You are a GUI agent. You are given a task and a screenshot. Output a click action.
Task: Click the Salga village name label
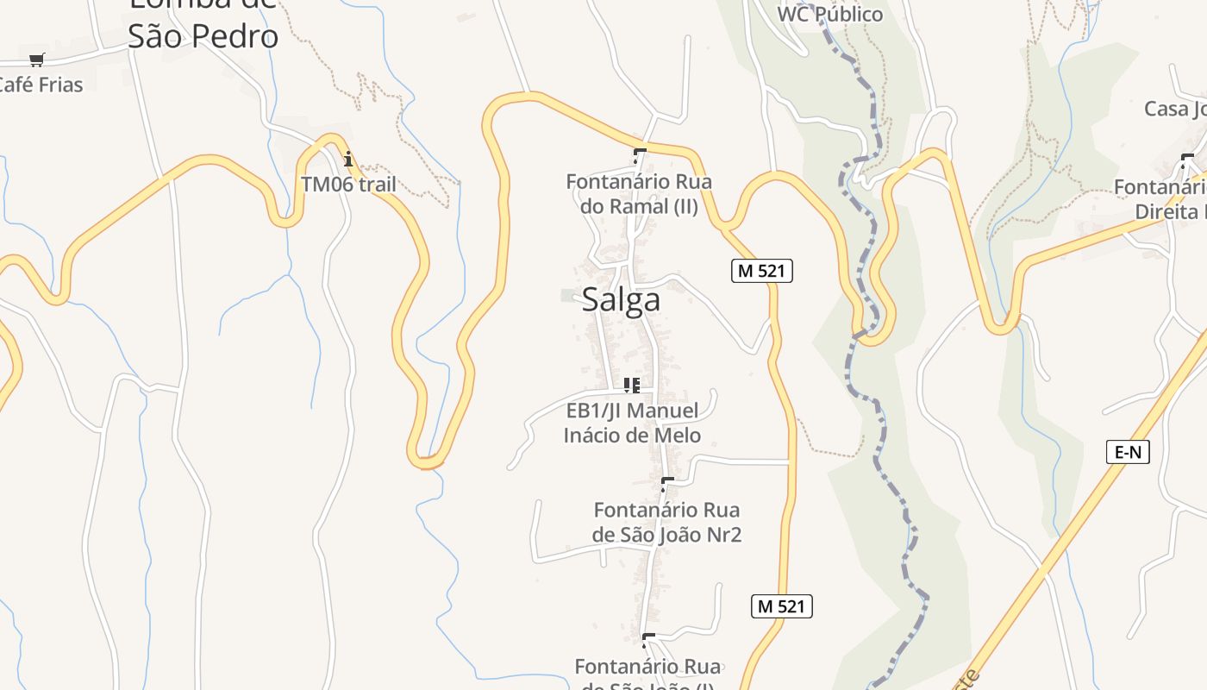click(621, 299)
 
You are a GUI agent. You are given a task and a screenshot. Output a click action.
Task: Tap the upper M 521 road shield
click(761, 270)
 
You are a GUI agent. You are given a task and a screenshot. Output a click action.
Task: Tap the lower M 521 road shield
click(781, 605)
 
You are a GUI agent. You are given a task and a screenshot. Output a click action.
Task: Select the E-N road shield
click(1128, 451)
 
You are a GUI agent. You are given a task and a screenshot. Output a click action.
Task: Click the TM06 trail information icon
click(348, 159)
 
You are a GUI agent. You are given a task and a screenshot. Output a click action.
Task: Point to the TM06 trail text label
click(348, 184)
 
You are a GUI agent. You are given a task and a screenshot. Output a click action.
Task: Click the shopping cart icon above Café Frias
click(36, 60)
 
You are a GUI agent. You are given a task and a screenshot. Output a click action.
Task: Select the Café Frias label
click(40, 85)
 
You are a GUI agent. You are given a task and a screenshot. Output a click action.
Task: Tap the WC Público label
click(829, 14)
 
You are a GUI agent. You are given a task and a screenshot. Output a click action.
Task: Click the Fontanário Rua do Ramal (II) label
click(639, 194)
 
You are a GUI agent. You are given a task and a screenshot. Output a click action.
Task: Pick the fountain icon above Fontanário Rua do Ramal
click(639, 156)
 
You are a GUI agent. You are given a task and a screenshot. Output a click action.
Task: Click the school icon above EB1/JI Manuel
click(632, 385)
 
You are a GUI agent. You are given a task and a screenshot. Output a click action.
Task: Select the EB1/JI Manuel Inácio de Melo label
click(632, 423)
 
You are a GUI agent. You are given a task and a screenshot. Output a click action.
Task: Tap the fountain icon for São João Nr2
click(666, 484)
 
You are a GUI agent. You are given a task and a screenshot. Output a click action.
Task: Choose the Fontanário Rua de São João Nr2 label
click(666, 522)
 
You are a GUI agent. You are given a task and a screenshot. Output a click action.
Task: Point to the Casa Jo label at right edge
click(1174, 109)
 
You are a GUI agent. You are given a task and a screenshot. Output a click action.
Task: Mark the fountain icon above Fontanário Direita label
click(1187, 160)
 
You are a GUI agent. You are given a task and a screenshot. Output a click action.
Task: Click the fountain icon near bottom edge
click(647, 640)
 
